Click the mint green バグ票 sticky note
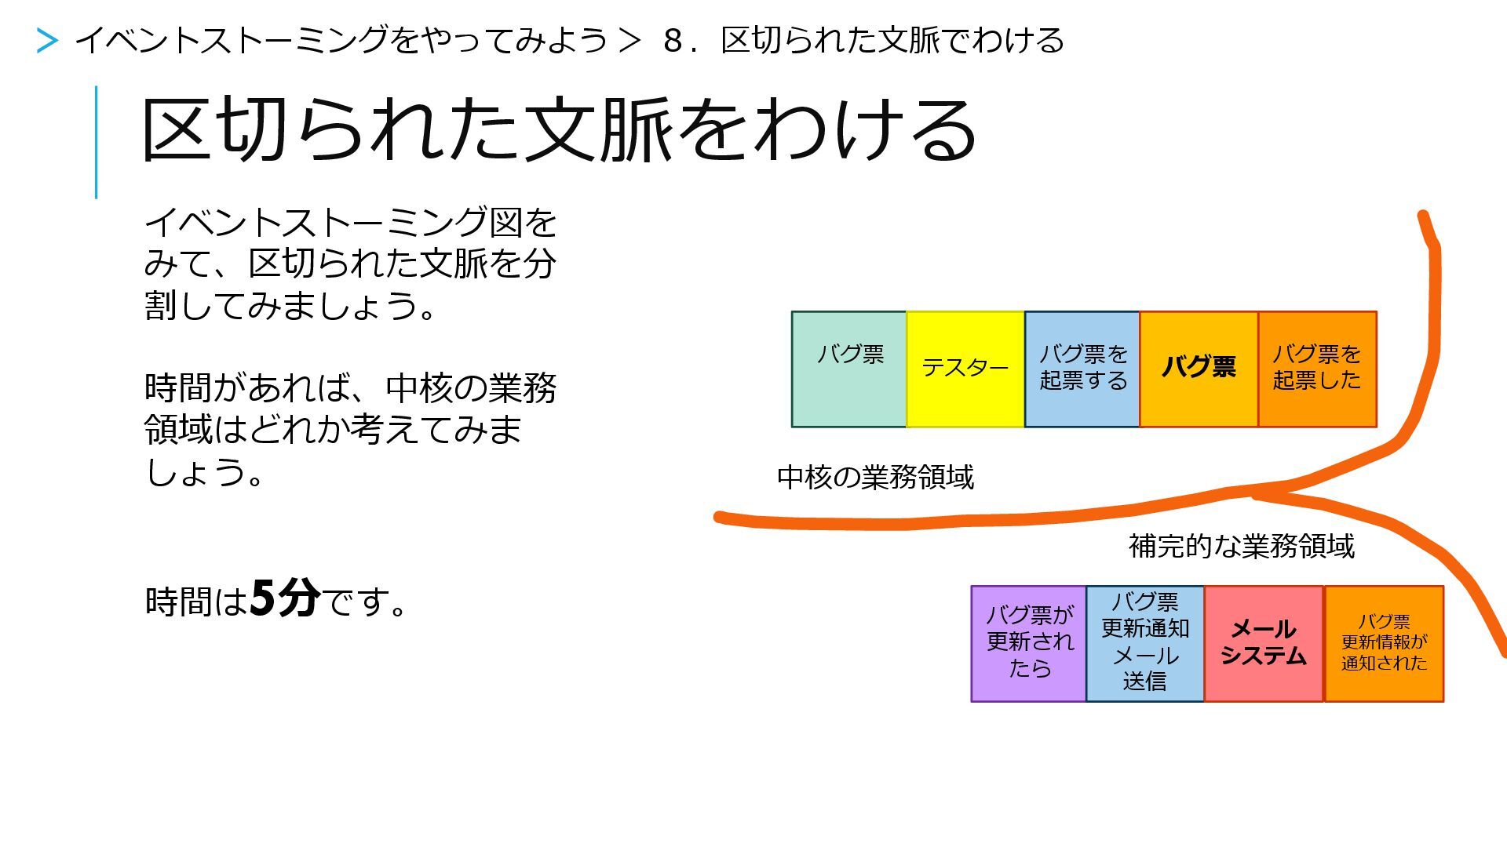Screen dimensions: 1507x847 [848, 369]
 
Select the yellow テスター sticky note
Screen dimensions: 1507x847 [965, 369]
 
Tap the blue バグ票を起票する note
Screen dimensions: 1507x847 [1082, 369]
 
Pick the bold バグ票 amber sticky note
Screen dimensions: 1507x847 [1199, 369]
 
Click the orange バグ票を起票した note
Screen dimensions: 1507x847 [1317, 369]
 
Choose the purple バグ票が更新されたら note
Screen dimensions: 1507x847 [1029, 643]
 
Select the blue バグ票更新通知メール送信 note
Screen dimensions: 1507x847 [1145, 643]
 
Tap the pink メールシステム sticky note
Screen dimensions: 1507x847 [1264, 643]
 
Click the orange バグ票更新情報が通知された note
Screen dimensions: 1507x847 [1384, 643]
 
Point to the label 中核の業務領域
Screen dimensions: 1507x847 [875, 478]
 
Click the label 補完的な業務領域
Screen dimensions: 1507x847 [1242, 546]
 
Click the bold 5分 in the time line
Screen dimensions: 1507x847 [285, 599]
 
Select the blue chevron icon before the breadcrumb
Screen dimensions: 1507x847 [47, 41]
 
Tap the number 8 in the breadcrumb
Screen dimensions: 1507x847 [673, 41]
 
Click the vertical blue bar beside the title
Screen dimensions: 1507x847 [97, 142]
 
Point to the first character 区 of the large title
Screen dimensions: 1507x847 [176, 130]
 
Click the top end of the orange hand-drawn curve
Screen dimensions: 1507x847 [1423, 214]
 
